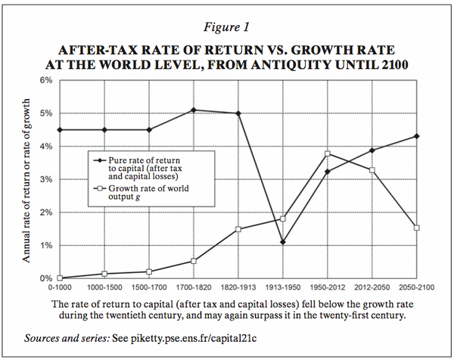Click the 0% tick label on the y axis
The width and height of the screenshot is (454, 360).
pyautogui.click(x=45, y=278)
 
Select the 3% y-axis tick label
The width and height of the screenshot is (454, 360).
pyautogui.click(x=45, y=179)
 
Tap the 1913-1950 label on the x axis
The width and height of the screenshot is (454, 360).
pyautogui.click(x=282, y=288)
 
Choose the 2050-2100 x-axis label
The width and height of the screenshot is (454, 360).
pyautogui.click(x=416, y=288)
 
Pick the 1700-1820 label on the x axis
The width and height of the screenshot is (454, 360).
pyautogui.click(x=194, y=288)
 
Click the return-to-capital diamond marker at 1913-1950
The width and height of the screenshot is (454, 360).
pyautogui.click(x=282, y=242)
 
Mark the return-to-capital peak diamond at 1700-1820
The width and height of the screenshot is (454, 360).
pyautogui.click(x=194, y=110)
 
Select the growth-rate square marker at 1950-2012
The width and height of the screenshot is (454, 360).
pyautogui.click(x=327, y=154)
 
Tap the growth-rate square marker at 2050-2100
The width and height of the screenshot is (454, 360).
pyautogui.click(x=416, y=228)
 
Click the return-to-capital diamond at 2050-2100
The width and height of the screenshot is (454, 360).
pyautogui.click(x=416, y=136)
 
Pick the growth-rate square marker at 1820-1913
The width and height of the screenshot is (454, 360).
pyautogui.click(x=238, y=229)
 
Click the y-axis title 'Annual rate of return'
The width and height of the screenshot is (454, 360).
pyautogui.click(x=29, y=182)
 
